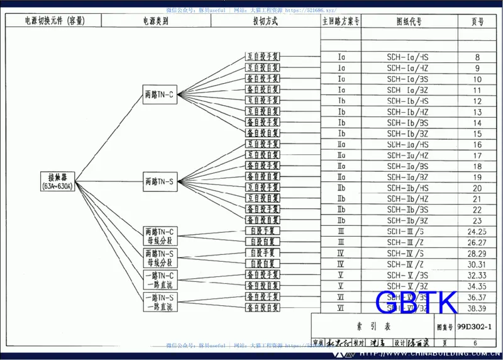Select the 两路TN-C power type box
(x=160, y=96)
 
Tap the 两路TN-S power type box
(x=160, y=182)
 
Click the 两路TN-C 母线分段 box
(x=160, y=236)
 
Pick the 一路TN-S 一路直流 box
(x=160, y=302)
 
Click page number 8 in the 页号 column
(x=478, y=57)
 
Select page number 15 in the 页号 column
(x=478, y=134)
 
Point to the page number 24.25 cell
(x=478, y=232)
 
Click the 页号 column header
(x=478, y=21)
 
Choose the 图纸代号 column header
(x=409, y=21)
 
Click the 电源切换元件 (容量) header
(x=55, y=21)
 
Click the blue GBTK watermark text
(x=415, y=302)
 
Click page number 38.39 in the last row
(x=478, y=308)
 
